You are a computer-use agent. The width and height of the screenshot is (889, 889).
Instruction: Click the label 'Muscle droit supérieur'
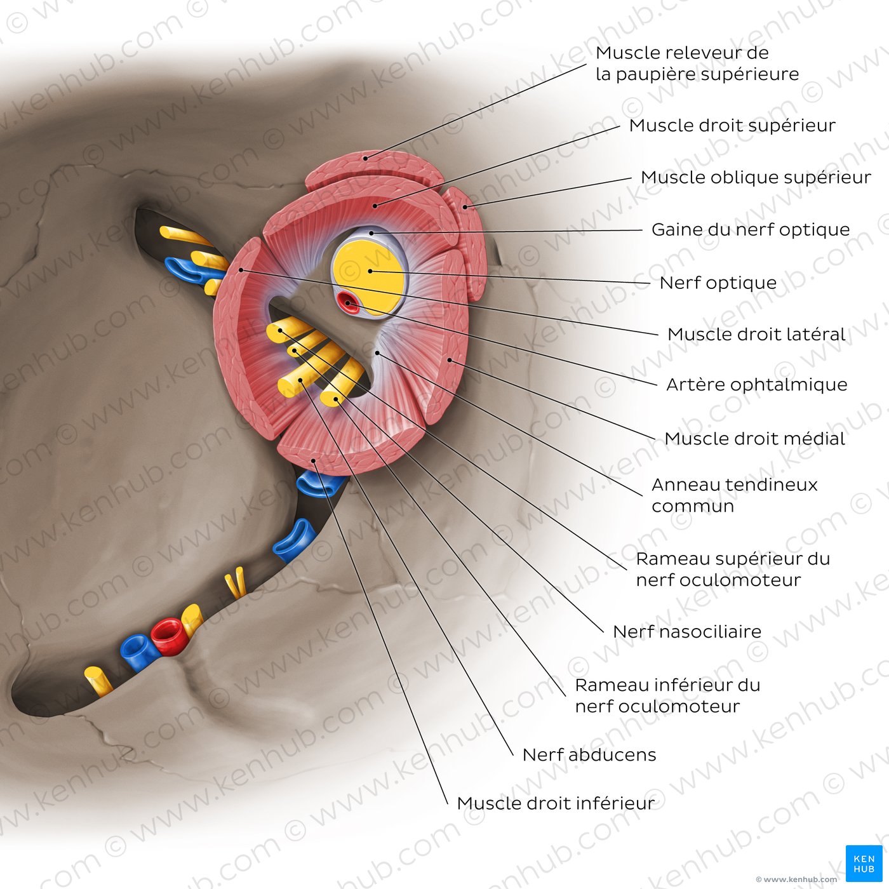click(732, 126)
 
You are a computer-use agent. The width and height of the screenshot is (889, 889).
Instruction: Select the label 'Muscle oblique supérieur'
click(756, 177)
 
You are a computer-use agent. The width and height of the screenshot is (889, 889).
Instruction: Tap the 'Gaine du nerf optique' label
click(751, 229)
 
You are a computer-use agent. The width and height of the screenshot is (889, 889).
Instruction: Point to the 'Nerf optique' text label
click(718, 283)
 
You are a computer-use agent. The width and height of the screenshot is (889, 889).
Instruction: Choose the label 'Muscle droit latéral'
click(756, 334)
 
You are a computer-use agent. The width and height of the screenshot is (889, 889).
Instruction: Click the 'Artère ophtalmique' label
click(756, 384)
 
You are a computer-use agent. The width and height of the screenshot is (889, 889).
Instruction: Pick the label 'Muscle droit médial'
click(755, 438)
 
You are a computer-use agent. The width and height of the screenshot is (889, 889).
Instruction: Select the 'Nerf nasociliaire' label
click(687, 631)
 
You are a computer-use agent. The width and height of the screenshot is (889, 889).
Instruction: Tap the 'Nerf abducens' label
click(589, 755)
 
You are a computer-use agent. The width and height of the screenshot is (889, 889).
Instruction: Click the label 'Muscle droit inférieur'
click(556, 803)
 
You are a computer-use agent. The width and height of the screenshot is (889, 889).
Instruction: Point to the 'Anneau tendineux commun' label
click(734, 495)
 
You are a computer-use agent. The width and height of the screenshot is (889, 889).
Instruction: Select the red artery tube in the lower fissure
click(169, 636)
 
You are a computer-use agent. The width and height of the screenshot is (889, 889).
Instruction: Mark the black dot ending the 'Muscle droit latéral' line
click(241, 270)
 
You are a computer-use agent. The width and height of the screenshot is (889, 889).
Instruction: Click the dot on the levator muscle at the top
click(365, 158)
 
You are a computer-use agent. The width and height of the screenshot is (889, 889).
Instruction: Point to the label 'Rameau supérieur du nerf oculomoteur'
click(733, 569)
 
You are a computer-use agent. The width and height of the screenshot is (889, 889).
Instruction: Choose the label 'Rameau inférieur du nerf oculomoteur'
click(667, 695)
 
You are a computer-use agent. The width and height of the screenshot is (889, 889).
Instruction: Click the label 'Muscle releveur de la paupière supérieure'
click(697, 63)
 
